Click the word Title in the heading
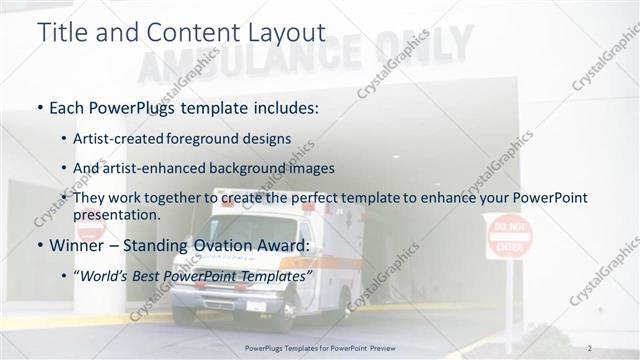(61, 32)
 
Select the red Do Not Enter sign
(509, 236)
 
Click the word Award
(282, 245)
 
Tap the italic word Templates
(275, 274)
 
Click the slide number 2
(590, 347)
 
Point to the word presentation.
(124, 214)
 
